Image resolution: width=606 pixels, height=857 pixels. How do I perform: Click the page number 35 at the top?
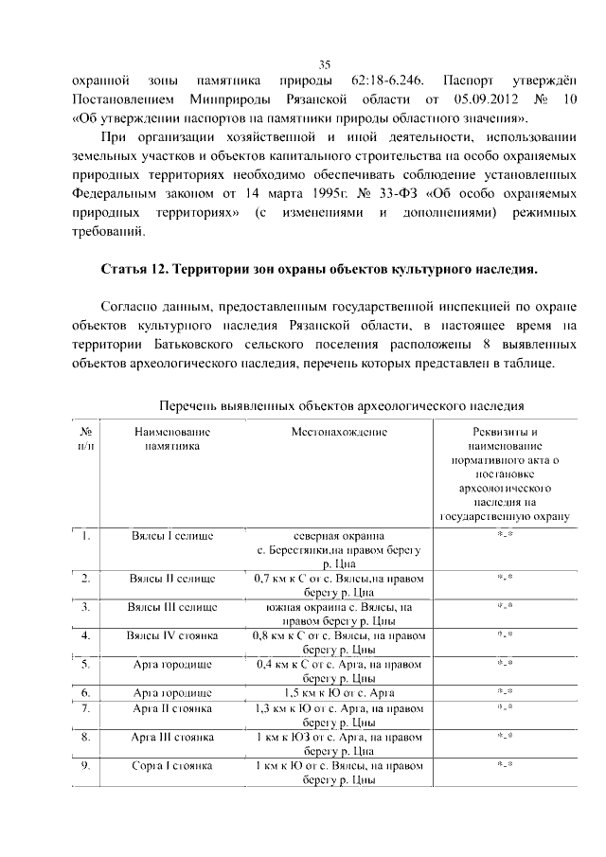click(324, 64)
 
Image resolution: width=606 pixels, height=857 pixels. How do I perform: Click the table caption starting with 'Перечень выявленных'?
click(341, 406)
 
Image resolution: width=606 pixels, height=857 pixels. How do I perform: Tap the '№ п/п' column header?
click(85, 438)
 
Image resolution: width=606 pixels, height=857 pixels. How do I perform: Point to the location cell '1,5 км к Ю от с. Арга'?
click(339, 693)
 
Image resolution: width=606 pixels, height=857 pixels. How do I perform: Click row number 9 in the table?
click(85, 765)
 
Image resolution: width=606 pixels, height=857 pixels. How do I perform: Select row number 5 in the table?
click(85, 664)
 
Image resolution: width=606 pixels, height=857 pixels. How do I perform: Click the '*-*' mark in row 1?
click(505, 536)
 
